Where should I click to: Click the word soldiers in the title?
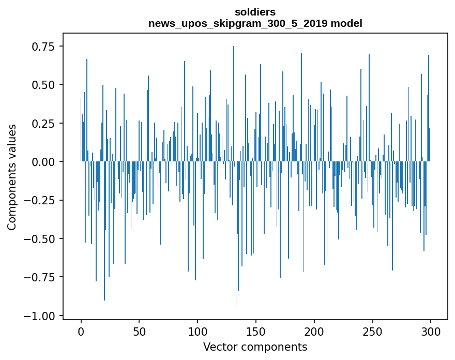tap(255, 11)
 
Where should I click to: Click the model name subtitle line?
tap(255, 23)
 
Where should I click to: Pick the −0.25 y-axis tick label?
tap(40, 200)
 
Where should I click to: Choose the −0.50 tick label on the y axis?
tap(40, 239)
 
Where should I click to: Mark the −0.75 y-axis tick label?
tap(40, 277)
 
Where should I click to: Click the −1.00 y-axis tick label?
tap(40, 316)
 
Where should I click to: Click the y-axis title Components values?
tap(12, 176)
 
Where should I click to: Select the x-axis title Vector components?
tap(255, 347)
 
